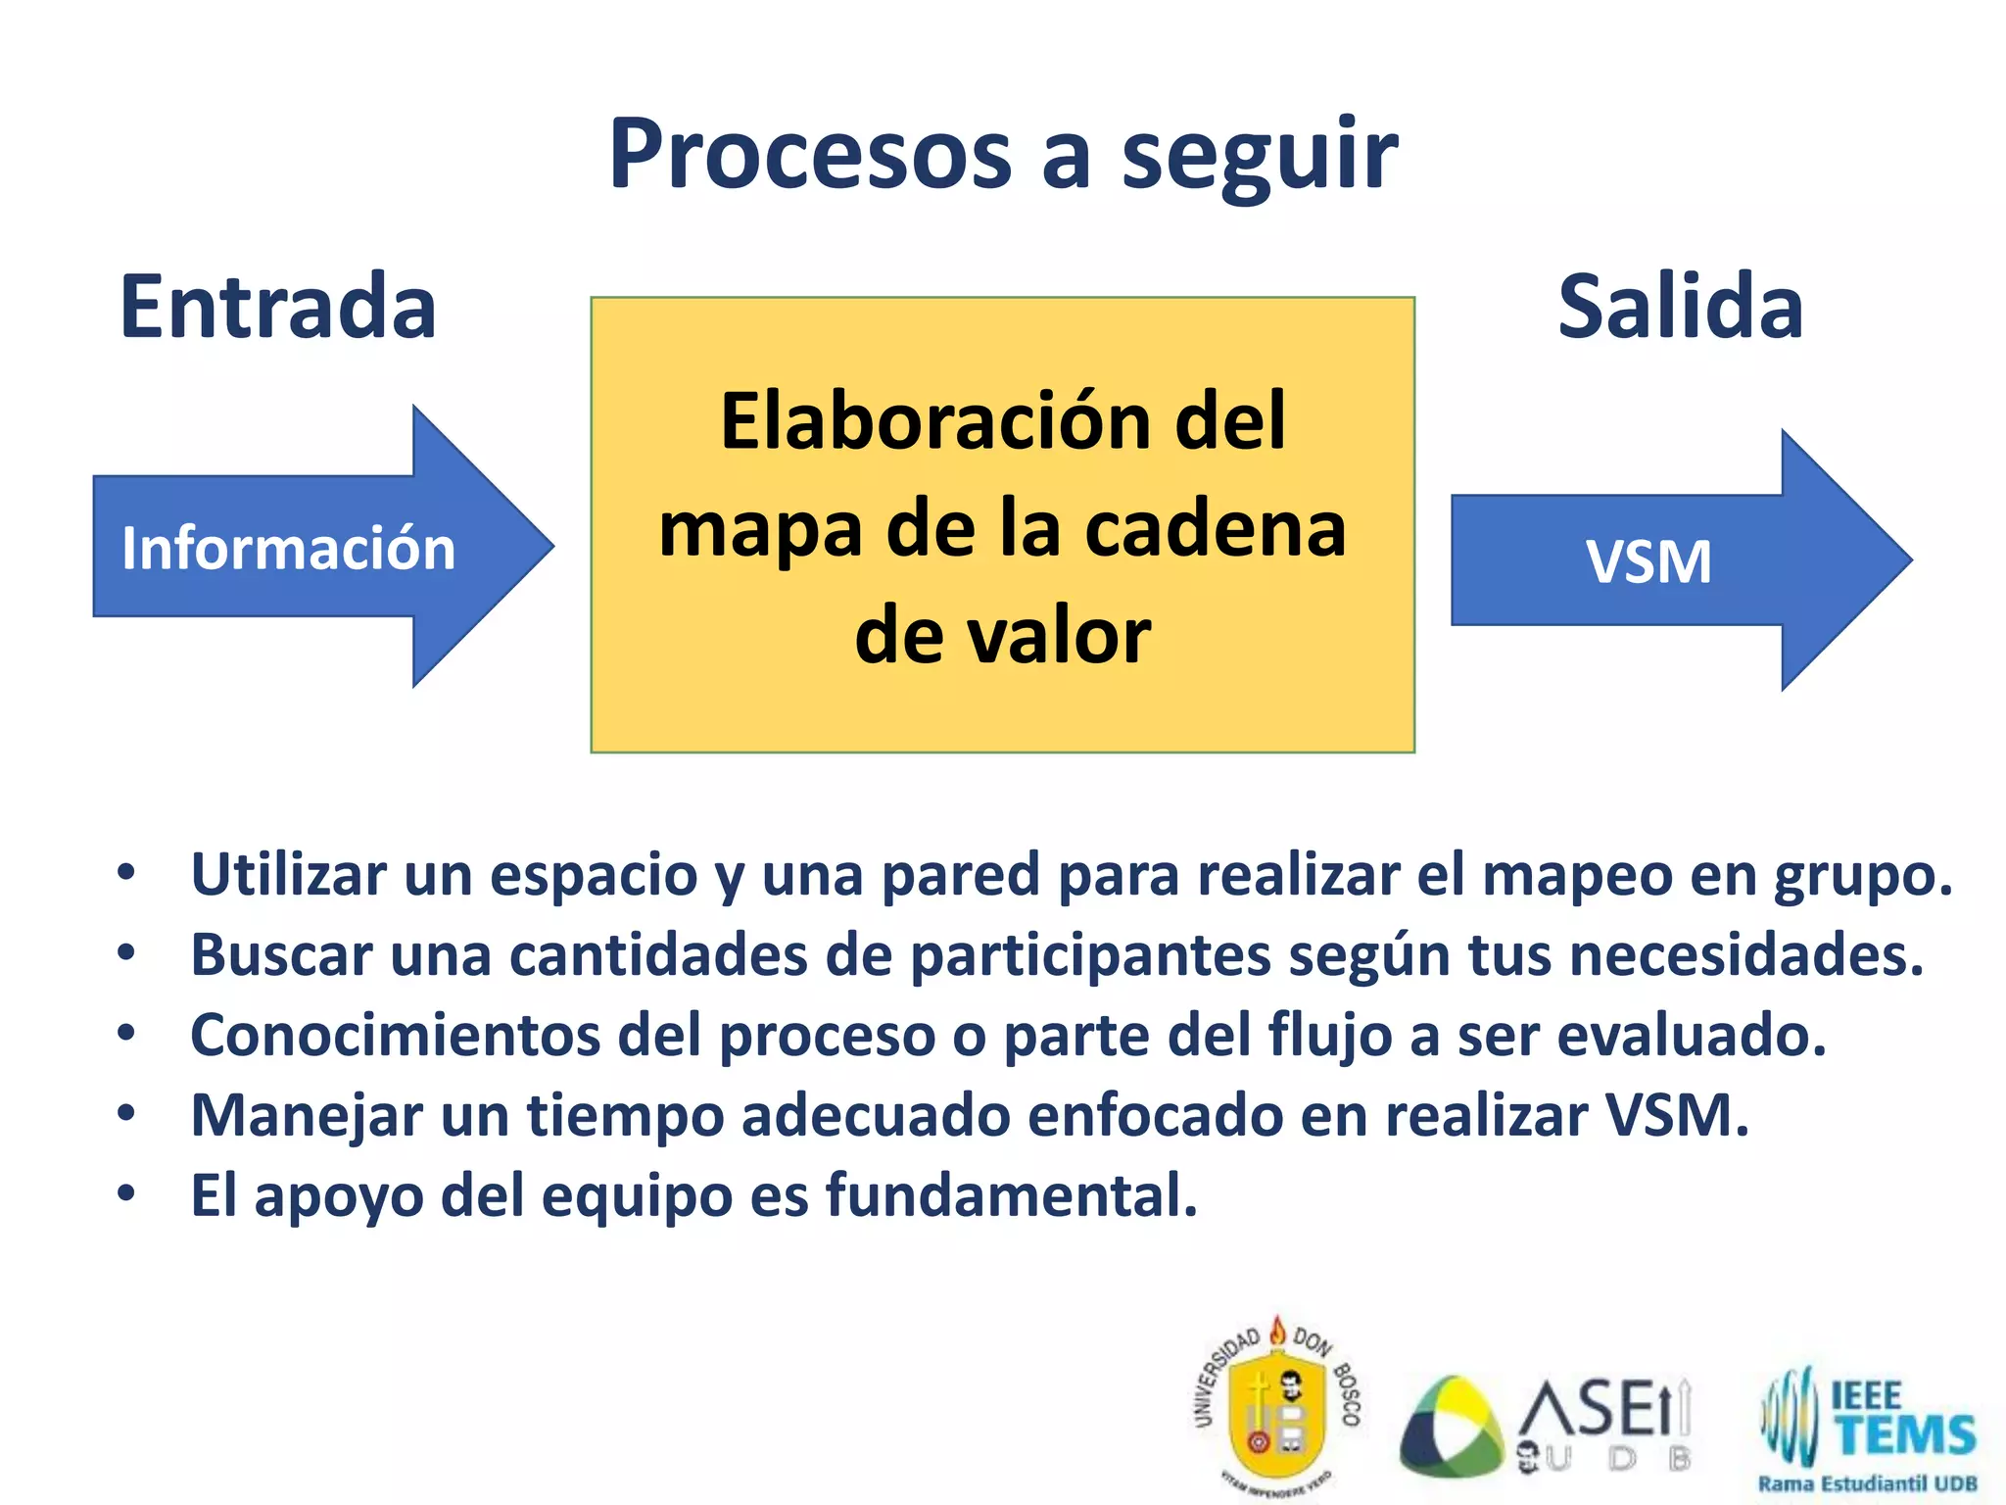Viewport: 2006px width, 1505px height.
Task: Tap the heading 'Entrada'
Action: click(278, 308)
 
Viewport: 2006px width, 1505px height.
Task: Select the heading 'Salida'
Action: click(1681, 308)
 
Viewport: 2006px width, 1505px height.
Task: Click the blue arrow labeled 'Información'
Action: click(294, 547)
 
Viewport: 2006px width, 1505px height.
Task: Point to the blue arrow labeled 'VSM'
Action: click(1665, 560)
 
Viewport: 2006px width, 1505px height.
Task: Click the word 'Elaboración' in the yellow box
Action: click(931, 421)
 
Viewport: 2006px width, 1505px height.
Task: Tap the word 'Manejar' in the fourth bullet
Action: click(307, 1116)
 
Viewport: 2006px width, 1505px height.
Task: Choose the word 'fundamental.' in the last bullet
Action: click(1012, 1196)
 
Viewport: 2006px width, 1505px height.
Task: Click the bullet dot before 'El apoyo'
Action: click(126, 1194)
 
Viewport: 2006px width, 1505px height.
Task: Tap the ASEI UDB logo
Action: click(1548, 1426)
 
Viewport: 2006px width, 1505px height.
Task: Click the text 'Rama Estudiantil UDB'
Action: click(1867, 1483)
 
